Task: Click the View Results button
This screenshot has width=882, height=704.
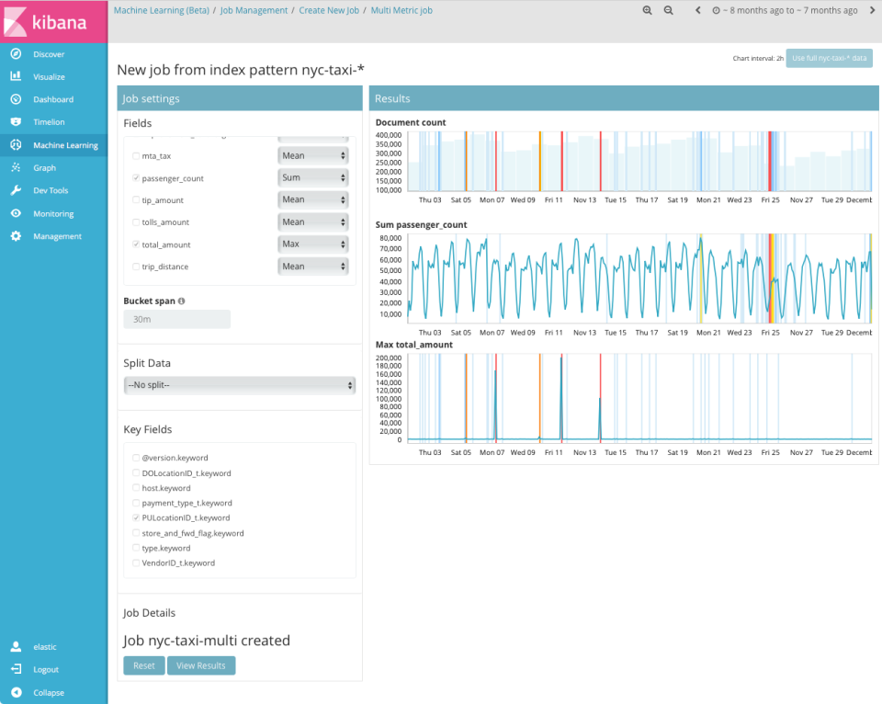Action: [x=200, y=665]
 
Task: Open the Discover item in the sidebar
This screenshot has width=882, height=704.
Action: [x=49, y=54]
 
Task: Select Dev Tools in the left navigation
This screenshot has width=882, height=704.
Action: [x=51, y=190]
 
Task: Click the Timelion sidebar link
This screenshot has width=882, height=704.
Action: [x=49, y=122]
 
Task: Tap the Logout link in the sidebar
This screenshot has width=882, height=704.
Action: [x=46, y=670]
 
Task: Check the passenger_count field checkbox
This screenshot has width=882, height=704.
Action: [x=137, y=178]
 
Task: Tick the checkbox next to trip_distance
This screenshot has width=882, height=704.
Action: [x=137, y=267]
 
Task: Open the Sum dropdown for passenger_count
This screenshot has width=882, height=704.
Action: [x=313, y=177]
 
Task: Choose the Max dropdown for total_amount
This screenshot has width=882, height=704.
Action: [x=313, y=244]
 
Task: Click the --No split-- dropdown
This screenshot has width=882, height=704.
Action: [x=240, y=385]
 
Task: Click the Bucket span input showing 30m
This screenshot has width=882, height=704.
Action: [x=176, y=319]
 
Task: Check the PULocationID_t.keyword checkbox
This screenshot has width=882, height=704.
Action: [x=137, y=518]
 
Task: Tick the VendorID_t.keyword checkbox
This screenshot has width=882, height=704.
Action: [x=137, y=562]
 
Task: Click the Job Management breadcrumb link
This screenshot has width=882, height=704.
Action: [x=254, y=11]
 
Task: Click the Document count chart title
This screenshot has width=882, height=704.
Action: [x=411, y=122]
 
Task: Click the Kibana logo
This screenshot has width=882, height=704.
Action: [x=53, y=21]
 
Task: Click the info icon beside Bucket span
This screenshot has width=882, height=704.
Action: [x=181, y=301]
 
